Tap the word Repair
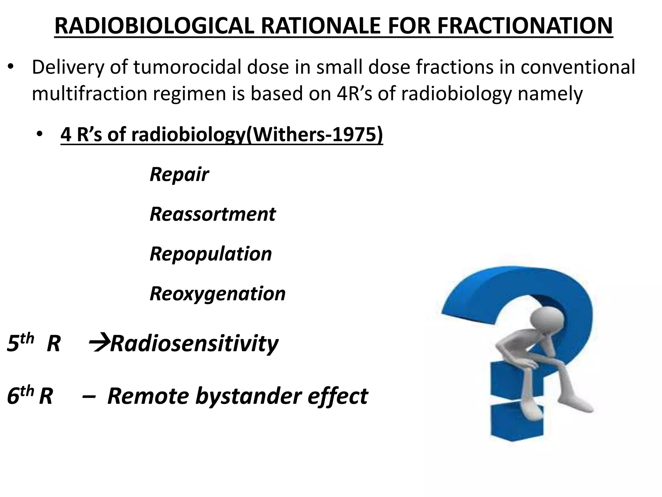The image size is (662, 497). click(x=179, y=175)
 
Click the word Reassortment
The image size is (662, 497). click(x=213, y=214)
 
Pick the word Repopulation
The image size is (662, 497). click(x=211, y=254)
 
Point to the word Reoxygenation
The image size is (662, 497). click(x=218, y=294)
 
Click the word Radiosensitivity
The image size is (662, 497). click(x=194, y=344)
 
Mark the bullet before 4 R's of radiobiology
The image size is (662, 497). click(x=39, y=135)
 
